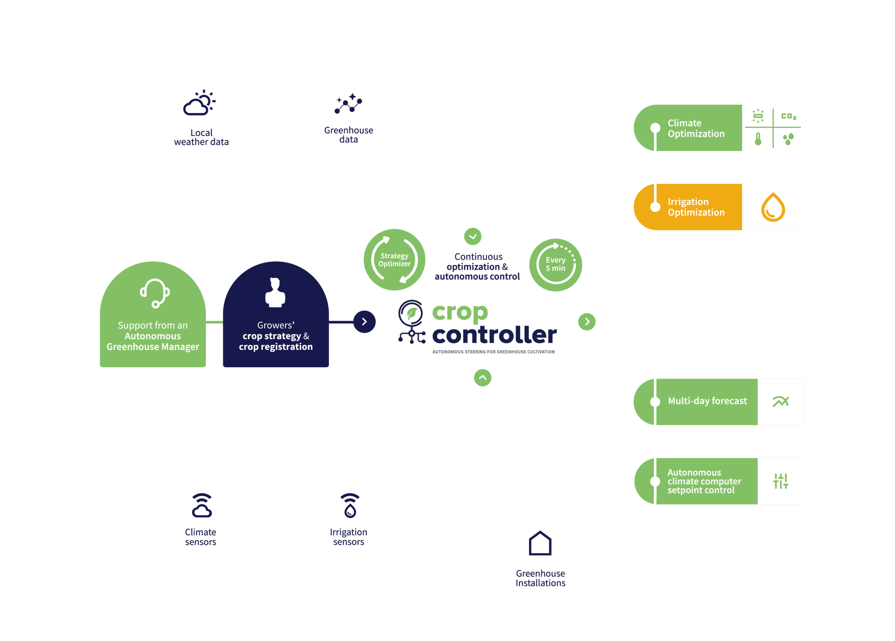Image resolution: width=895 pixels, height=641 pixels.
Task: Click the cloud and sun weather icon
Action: (199, 103)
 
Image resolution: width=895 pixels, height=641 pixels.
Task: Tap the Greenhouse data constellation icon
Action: (348, 103)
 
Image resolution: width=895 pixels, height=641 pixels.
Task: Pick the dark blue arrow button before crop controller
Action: (364, 322)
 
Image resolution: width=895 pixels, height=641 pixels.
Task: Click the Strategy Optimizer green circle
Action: (394, 260)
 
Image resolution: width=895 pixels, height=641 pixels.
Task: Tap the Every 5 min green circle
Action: (555, 264)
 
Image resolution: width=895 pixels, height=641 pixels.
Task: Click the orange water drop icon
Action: (773, 207)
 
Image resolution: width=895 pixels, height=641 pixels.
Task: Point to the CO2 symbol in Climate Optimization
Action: (788, 116)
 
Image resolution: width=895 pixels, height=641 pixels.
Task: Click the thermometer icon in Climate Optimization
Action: (758, 139)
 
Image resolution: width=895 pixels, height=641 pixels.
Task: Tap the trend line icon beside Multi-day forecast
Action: (781, 401)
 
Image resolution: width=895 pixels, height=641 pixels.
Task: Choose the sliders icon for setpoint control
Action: (781, 481)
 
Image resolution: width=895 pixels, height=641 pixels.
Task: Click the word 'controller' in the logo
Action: (494, 335)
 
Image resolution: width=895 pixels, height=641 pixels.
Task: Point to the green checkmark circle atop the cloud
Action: (473, 236)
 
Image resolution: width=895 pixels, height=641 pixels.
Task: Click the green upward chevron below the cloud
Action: (482, 378)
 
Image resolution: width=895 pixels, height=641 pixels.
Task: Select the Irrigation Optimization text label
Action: (696, 207)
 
